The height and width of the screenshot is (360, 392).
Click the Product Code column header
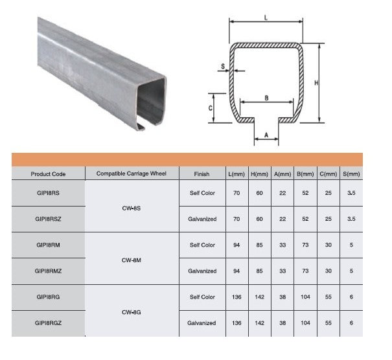click(x=48, y=174)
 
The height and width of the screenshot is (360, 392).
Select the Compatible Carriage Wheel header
click(x=132, y=174)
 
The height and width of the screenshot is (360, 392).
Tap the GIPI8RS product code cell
click(x=48, y=193)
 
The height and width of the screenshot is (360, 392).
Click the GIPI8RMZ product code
click(x=48, y=271)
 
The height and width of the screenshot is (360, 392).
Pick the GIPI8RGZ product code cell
click(x=48, y=323)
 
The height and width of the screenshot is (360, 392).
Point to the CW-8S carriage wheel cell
click(x=132, y=208)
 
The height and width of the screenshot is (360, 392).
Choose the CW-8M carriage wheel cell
click(x=132, y=260)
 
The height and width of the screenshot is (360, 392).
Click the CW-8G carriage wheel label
click(x=132, y=312)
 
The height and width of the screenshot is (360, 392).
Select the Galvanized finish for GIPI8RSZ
click(x=202, y=219)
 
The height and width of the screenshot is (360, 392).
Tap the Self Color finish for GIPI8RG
click(x=202, y=297)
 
